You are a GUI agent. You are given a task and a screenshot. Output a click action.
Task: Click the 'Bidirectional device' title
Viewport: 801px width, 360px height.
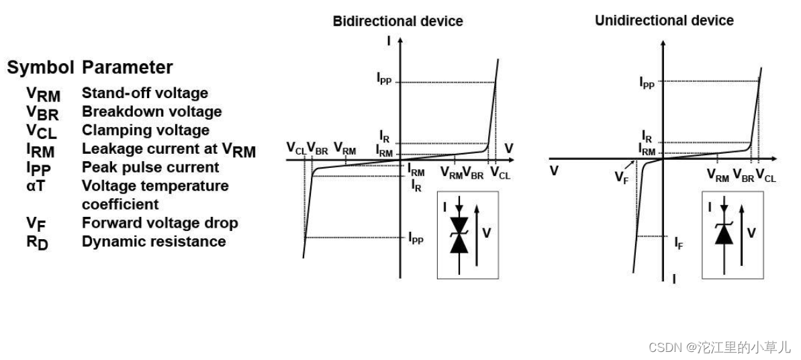coord(397,21)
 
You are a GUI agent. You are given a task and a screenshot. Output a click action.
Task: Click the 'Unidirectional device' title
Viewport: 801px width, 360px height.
coord(664,21)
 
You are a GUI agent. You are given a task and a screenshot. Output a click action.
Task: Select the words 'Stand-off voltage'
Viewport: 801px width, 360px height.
coord(144,93)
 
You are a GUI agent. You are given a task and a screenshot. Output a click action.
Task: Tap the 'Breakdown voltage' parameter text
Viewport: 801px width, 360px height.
coord(151,111)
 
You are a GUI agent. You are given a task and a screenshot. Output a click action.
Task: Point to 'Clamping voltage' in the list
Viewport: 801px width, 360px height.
coord(145,130)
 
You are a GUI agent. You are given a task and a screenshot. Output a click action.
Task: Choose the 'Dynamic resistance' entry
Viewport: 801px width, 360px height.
coord(153,241)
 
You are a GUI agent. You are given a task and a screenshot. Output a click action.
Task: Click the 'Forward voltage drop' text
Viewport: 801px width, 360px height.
coord(159,222)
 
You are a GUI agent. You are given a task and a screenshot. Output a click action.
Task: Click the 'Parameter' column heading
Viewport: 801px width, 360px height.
coord(127,67)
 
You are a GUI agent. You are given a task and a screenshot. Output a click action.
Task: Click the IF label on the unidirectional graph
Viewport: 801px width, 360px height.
coord(679,242)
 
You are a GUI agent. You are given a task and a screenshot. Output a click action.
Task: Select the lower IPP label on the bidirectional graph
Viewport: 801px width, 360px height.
coord(416,237)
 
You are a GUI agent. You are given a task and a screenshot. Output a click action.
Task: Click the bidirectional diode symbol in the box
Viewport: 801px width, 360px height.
coord(459,234)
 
